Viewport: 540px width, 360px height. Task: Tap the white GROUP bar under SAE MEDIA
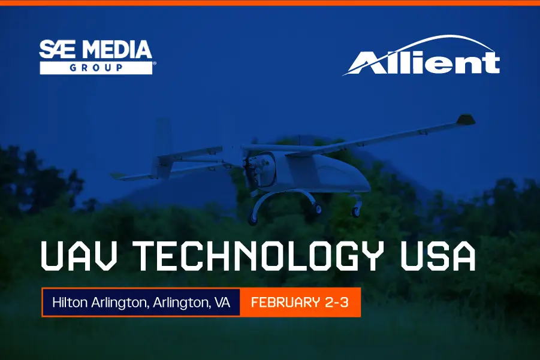[96, 68]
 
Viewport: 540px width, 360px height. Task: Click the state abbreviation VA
[222, 302]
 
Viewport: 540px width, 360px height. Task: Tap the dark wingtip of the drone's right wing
[466, 120]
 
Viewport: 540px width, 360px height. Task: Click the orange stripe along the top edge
[270, 2]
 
